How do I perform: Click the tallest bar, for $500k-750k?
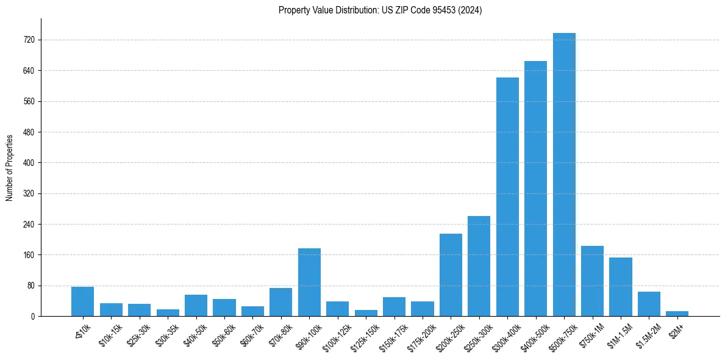[x=564, y=175]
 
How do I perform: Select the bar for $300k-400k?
[x=507, y=196]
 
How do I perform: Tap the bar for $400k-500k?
[x=535, y=189]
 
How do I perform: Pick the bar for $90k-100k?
[x=309, y=282]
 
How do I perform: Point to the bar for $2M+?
[x=677, y=314]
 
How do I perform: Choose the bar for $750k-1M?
[x=592, y=281]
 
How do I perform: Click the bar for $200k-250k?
[x=451, y=275]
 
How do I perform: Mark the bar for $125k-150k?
[x=366, y=313]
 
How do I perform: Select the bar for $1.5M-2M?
[x=649, y=304]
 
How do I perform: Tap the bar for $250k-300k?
[x=479, y=266]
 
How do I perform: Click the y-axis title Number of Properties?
[x=9, y=167]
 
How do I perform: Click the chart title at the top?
[x=380, y=10]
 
